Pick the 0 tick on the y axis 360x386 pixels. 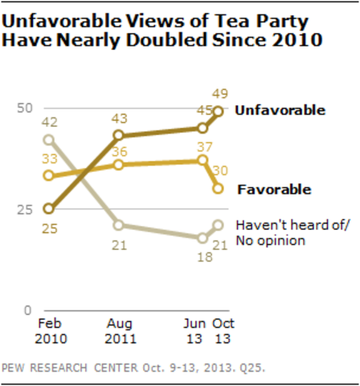[x=27, y=310]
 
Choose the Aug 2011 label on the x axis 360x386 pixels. [x=118, y=333]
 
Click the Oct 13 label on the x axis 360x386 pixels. [x=219, y=333]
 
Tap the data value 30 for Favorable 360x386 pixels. [x=219, y=170]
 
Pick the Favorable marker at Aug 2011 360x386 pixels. [x=118, y=164]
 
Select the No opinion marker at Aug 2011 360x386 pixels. [x=118, y=225]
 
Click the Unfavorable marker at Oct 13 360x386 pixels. [x=218, y=112]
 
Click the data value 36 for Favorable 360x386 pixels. [x=119, y=150]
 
